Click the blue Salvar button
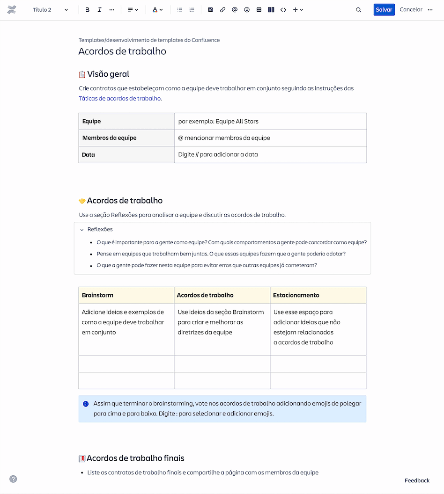(384, 10)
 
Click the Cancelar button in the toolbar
(411, 10)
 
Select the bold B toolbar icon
(88, 10)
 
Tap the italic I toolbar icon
(99, 10)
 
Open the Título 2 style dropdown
(50, 10)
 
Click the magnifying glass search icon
(359, 10)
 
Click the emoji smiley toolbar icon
(247, 10)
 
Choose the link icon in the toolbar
(222, 10)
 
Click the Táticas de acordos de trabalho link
(120, 99)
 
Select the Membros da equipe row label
(110, 138)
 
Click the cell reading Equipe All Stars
(218, 121)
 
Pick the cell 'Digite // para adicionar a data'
(218, 154)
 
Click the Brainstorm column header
(98, 295)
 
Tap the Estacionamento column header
(296, 295)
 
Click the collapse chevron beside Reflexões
(82, 230)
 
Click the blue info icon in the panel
(86, 404)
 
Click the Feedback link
(417, 480)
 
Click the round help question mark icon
(13, 479)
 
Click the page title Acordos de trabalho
(122, 51)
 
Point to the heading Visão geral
(108, 74)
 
